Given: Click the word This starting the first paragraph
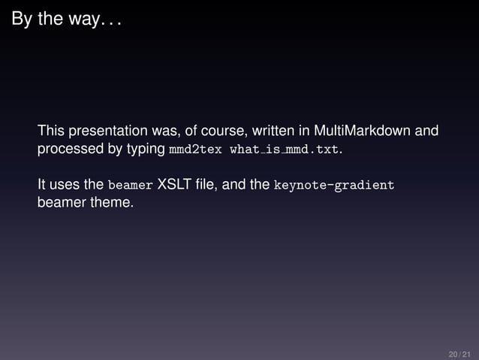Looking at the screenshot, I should pyautogui.click(x=52, y=131).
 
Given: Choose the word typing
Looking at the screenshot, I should pyautogui.click(x=146, y=150).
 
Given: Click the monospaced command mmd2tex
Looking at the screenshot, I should pyautogui.click(x=195, y=150).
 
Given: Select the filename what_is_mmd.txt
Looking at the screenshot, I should pyautogui.click(x=285, y=150).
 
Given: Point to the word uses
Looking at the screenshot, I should pyautogui.click(x=65, y=185).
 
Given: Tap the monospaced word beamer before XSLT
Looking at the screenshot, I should pyautogui.click(x=130, y=185).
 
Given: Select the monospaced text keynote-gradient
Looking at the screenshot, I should pyautogui.click(x=334, y=185).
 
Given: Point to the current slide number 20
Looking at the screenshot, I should pyautogui.click(x=453, y=353).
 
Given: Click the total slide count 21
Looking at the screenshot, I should pyautogui.click(x=467, y=353).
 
